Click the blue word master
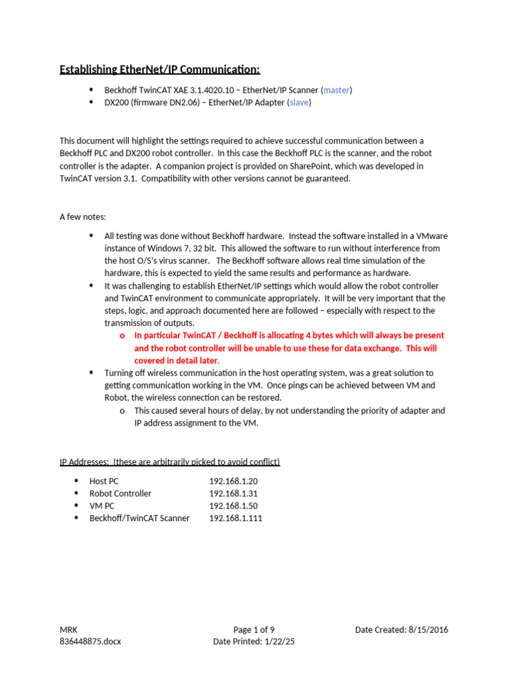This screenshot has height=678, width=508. pos(337,90)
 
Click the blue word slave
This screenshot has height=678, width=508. pos(299,103)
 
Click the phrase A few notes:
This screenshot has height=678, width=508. pos(84,217)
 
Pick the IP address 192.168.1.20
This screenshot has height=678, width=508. pos(233,481)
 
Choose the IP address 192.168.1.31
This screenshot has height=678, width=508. pos(233,493)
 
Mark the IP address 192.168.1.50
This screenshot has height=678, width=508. pos(233,506)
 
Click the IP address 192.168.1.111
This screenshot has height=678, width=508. pos(235,518)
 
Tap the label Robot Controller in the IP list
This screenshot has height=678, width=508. pos(120,493)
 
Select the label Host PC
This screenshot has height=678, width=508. pos(104,481)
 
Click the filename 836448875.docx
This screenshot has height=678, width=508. pos(90,642)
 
